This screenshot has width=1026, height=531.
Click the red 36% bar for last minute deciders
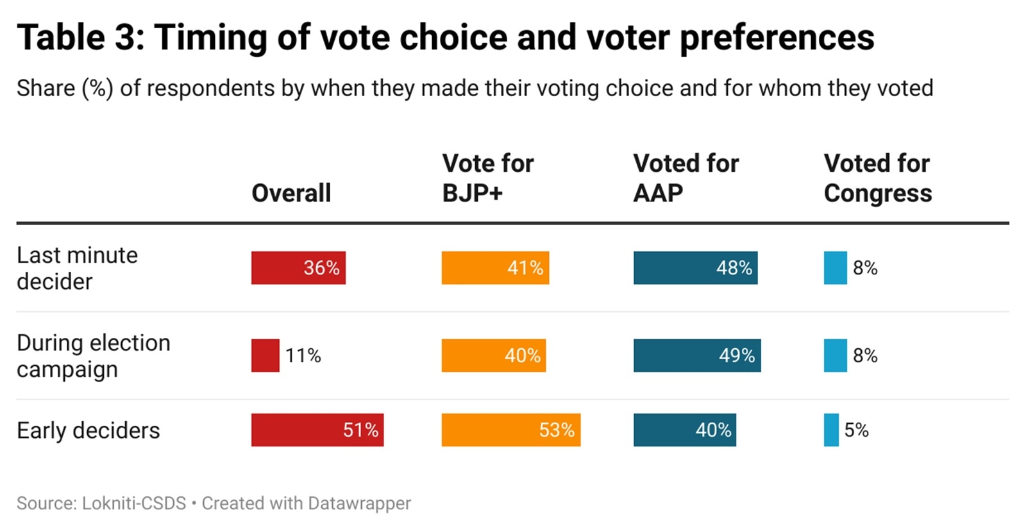[x=298, y=268]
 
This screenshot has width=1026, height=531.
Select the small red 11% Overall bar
[x=265, y=355]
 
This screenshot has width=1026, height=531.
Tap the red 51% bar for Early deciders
[x=317, y=430]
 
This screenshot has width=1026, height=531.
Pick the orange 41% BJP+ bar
[x=495, y=268]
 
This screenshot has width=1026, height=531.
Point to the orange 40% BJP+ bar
[x=493, y=355]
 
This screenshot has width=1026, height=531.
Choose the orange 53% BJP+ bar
[x=510, y=430]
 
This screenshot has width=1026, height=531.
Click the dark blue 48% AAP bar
[x=695, y=268]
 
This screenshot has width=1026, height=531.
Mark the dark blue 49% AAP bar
[x=697, y=355]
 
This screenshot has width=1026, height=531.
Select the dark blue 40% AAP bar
[x=684, y=430]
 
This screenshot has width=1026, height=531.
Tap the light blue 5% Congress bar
[x=831, y=430]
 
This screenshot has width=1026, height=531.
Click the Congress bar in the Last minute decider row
[x=835, y=268]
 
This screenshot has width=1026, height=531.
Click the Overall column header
[x=291, y=193]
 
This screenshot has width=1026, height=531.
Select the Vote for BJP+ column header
[x=487, y=178]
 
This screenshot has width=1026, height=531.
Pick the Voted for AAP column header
[x=685, y=178]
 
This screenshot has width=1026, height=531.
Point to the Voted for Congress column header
[x=877, y=178]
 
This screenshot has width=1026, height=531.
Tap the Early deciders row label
[x=88, y=430]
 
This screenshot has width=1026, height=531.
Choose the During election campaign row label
[x=94, y=356]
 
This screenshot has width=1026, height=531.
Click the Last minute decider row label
[x=77, y=268]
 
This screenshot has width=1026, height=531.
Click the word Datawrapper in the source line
[x=359, y=503]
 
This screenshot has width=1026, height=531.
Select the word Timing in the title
[x=210, y=37]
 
